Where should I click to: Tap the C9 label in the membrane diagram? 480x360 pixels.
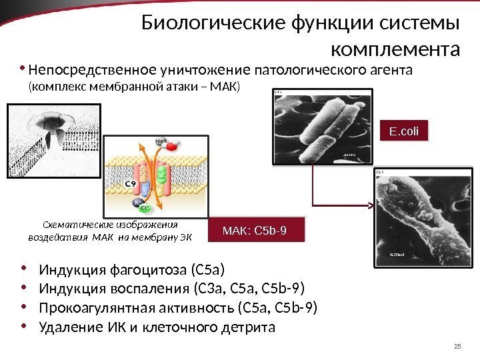tap(133, 182)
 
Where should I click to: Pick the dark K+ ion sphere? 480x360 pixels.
tap(137, 201)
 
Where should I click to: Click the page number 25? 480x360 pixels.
tap(457, 345)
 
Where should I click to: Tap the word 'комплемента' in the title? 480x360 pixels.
tap(395, 49)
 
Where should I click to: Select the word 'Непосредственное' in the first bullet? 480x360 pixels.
tap(92, 70)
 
